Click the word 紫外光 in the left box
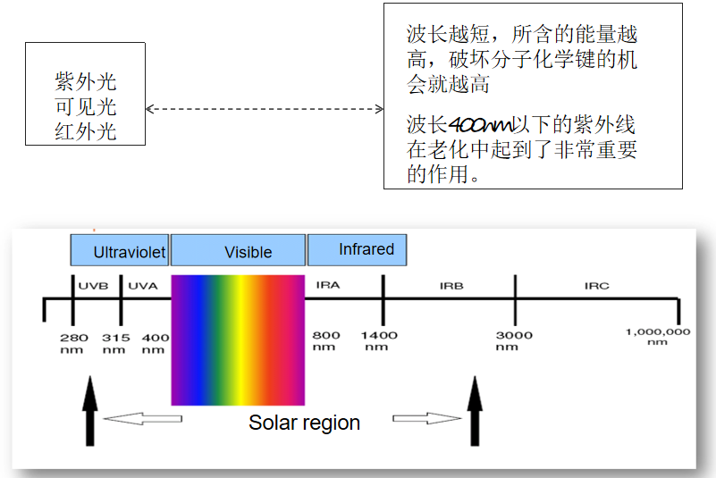pos(86,83)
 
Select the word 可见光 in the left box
pos(86,108)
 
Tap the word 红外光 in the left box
pos(86,133)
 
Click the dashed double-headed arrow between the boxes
pos(264,109)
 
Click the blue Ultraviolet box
pos(120,251)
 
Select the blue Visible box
pos(239,251)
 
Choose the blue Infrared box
pos(358,249)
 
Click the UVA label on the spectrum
pos(143,286)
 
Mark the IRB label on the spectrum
pos(451,286)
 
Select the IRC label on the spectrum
pos(597,286)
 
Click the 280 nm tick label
pos(73,342)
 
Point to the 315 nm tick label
pos(115,342)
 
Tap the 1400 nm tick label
pos(379,340)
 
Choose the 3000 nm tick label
pos(514,340)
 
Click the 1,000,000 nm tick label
pos(658,336)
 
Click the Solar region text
pos(304,423)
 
